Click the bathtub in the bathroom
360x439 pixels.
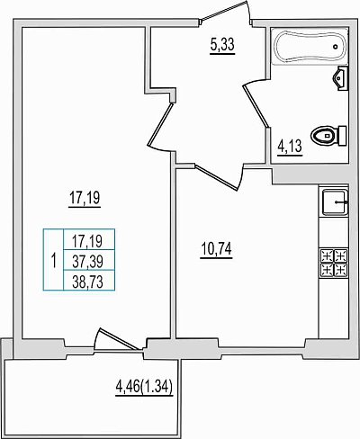click(310, 46)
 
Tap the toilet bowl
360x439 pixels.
click(328, 136)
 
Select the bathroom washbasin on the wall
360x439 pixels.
click(341, 78)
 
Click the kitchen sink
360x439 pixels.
click(335, 202)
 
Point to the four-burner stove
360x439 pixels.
click(334, 263)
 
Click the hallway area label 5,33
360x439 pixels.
click(222, 46)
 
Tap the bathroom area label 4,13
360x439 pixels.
click(290, 148)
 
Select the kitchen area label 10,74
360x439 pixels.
click(216, 249)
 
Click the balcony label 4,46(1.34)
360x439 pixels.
click(144, 388)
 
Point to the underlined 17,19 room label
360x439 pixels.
click(85, 198)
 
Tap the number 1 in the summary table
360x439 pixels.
click(54, 261)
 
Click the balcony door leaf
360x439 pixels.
click(120, 339)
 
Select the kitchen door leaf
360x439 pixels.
click(217, 176)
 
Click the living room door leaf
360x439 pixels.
click(160, 124)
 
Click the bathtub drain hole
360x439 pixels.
click(336, 47)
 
